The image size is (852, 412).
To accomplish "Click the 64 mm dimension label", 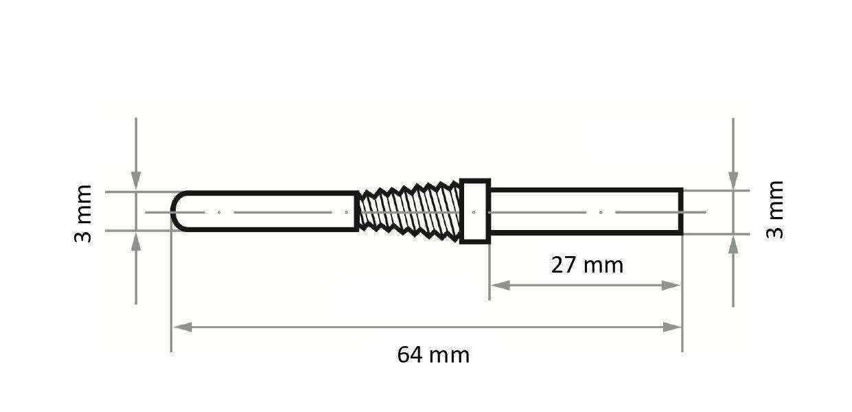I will point(433,355).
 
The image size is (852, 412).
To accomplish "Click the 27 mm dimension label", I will point(587,264).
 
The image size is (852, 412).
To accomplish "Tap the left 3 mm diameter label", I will point(82,213).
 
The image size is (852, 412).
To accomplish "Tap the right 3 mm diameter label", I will point(774,209).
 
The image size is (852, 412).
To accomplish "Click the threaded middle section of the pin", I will point(409,211).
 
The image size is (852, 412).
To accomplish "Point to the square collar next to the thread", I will point(474,211).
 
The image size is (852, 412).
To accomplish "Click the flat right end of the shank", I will point(680,211).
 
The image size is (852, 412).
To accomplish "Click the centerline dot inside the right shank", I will point(601,212).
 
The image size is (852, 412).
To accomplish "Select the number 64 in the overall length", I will point(411,355).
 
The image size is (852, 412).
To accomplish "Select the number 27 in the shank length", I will point(564,264).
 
